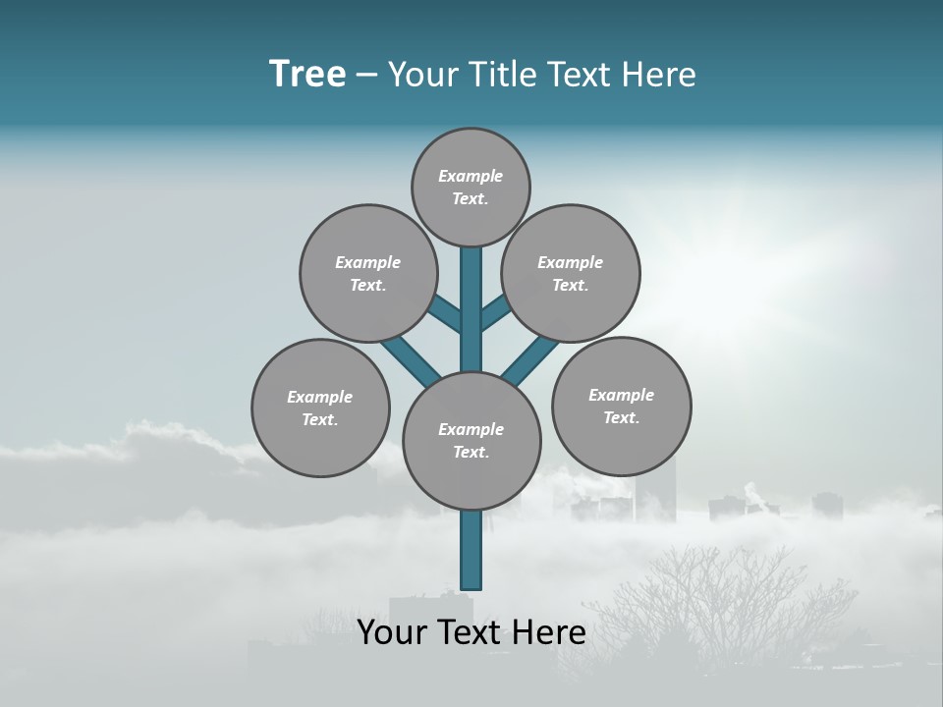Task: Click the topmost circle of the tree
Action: click(471, 187)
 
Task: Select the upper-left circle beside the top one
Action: click(367, 273)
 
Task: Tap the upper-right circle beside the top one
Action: click(571, 273)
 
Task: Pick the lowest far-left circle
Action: click(320, 408)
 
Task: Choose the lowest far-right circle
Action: click(621, 406)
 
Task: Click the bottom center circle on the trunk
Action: click(471, 441)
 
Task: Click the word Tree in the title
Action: click(307, 74)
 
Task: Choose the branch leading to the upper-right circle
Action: click(496, 312)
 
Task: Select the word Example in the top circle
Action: click(471, 176)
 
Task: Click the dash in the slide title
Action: click(366, 75)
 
